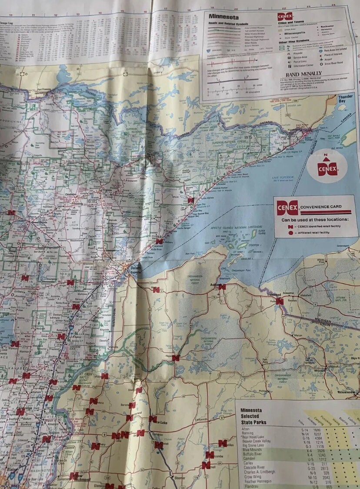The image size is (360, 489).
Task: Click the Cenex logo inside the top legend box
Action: tap(283, 17)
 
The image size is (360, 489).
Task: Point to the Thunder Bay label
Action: tap(345, 98)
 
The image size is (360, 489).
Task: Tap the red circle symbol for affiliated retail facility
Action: tap(290, 233)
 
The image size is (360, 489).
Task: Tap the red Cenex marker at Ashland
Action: tap(222, 287)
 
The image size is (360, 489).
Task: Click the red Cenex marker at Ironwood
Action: tap(280, 301)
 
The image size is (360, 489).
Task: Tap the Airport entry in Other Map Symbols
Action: tap(327, 59)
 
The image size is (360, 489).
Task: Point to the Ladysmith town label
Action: tap(201, 420)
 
